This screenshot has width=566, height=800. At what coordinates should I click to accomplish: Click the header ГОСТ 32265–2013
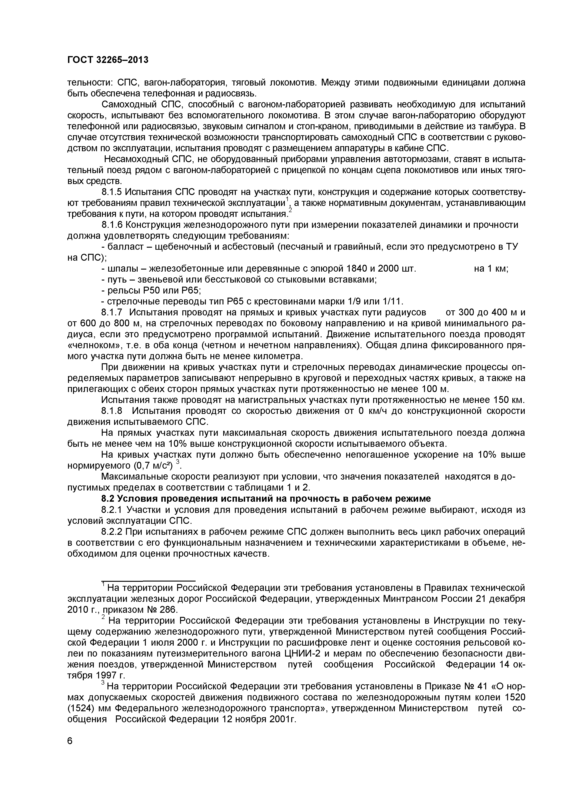pyautogui.click(x=107, y=60)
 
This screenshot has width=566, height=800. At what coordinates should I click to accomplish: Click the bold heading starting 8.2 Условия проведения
pyautogui.click(x=266, y=499)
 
